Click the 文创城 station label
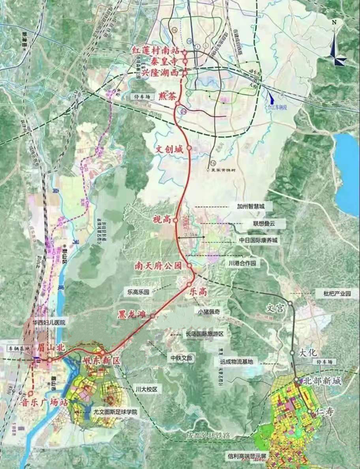click(x=170, y=150)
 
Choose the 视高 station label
click(x=161, y=219)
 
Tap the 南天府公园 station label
click(x=163, y=264)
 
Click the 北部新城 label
click(x=322, y=381)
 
